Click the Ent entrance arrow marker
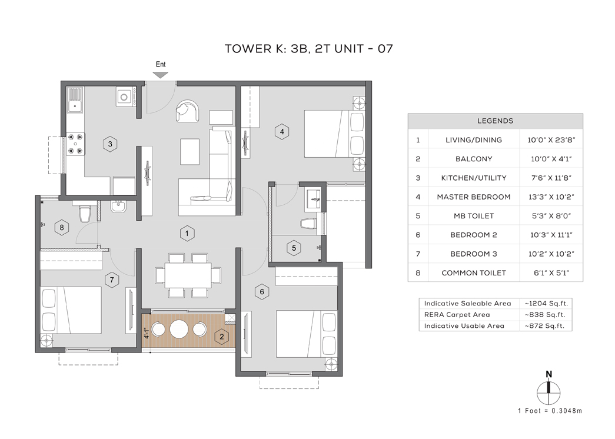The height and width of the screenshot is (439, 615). [161, 75]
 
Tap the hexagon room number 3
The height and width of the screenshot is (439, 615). [110, 144]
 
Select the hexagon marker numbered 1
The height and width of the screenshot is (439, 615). [187, 234]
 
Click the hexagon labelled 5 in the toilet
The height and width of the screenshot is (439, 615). [294, 248]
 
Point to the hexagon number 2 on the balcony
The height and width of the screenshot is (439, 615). [222, 336]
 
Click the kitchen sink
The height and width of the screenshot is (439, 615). [75, 100]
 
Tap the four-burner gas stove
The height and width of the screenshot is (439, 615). [76, 144]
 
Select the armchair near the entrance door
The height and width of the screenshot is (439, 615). [187, 111]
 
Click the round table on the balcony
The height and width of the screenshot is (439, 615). [179, 329]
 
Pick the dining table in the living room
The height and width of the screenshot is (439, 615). [188, 275]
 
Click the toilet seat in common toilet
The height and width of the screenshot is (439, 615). [85, 214]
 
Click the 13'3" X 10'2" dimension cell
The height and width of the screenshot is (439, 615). [551, 197]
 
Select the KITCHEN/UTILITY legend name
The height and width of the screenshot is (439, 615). [473, 178]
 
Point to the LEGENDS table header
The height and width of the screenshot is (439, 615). [495, 121]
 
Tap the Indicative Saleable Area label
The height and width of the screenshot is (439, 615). [467, 304]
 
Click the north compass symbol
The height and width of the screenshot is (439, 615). [548, 390]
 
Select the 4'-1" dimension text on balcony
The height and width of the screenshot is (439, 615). [147, 333]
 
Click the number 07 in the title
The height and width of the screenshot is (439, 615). [385, 49]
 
